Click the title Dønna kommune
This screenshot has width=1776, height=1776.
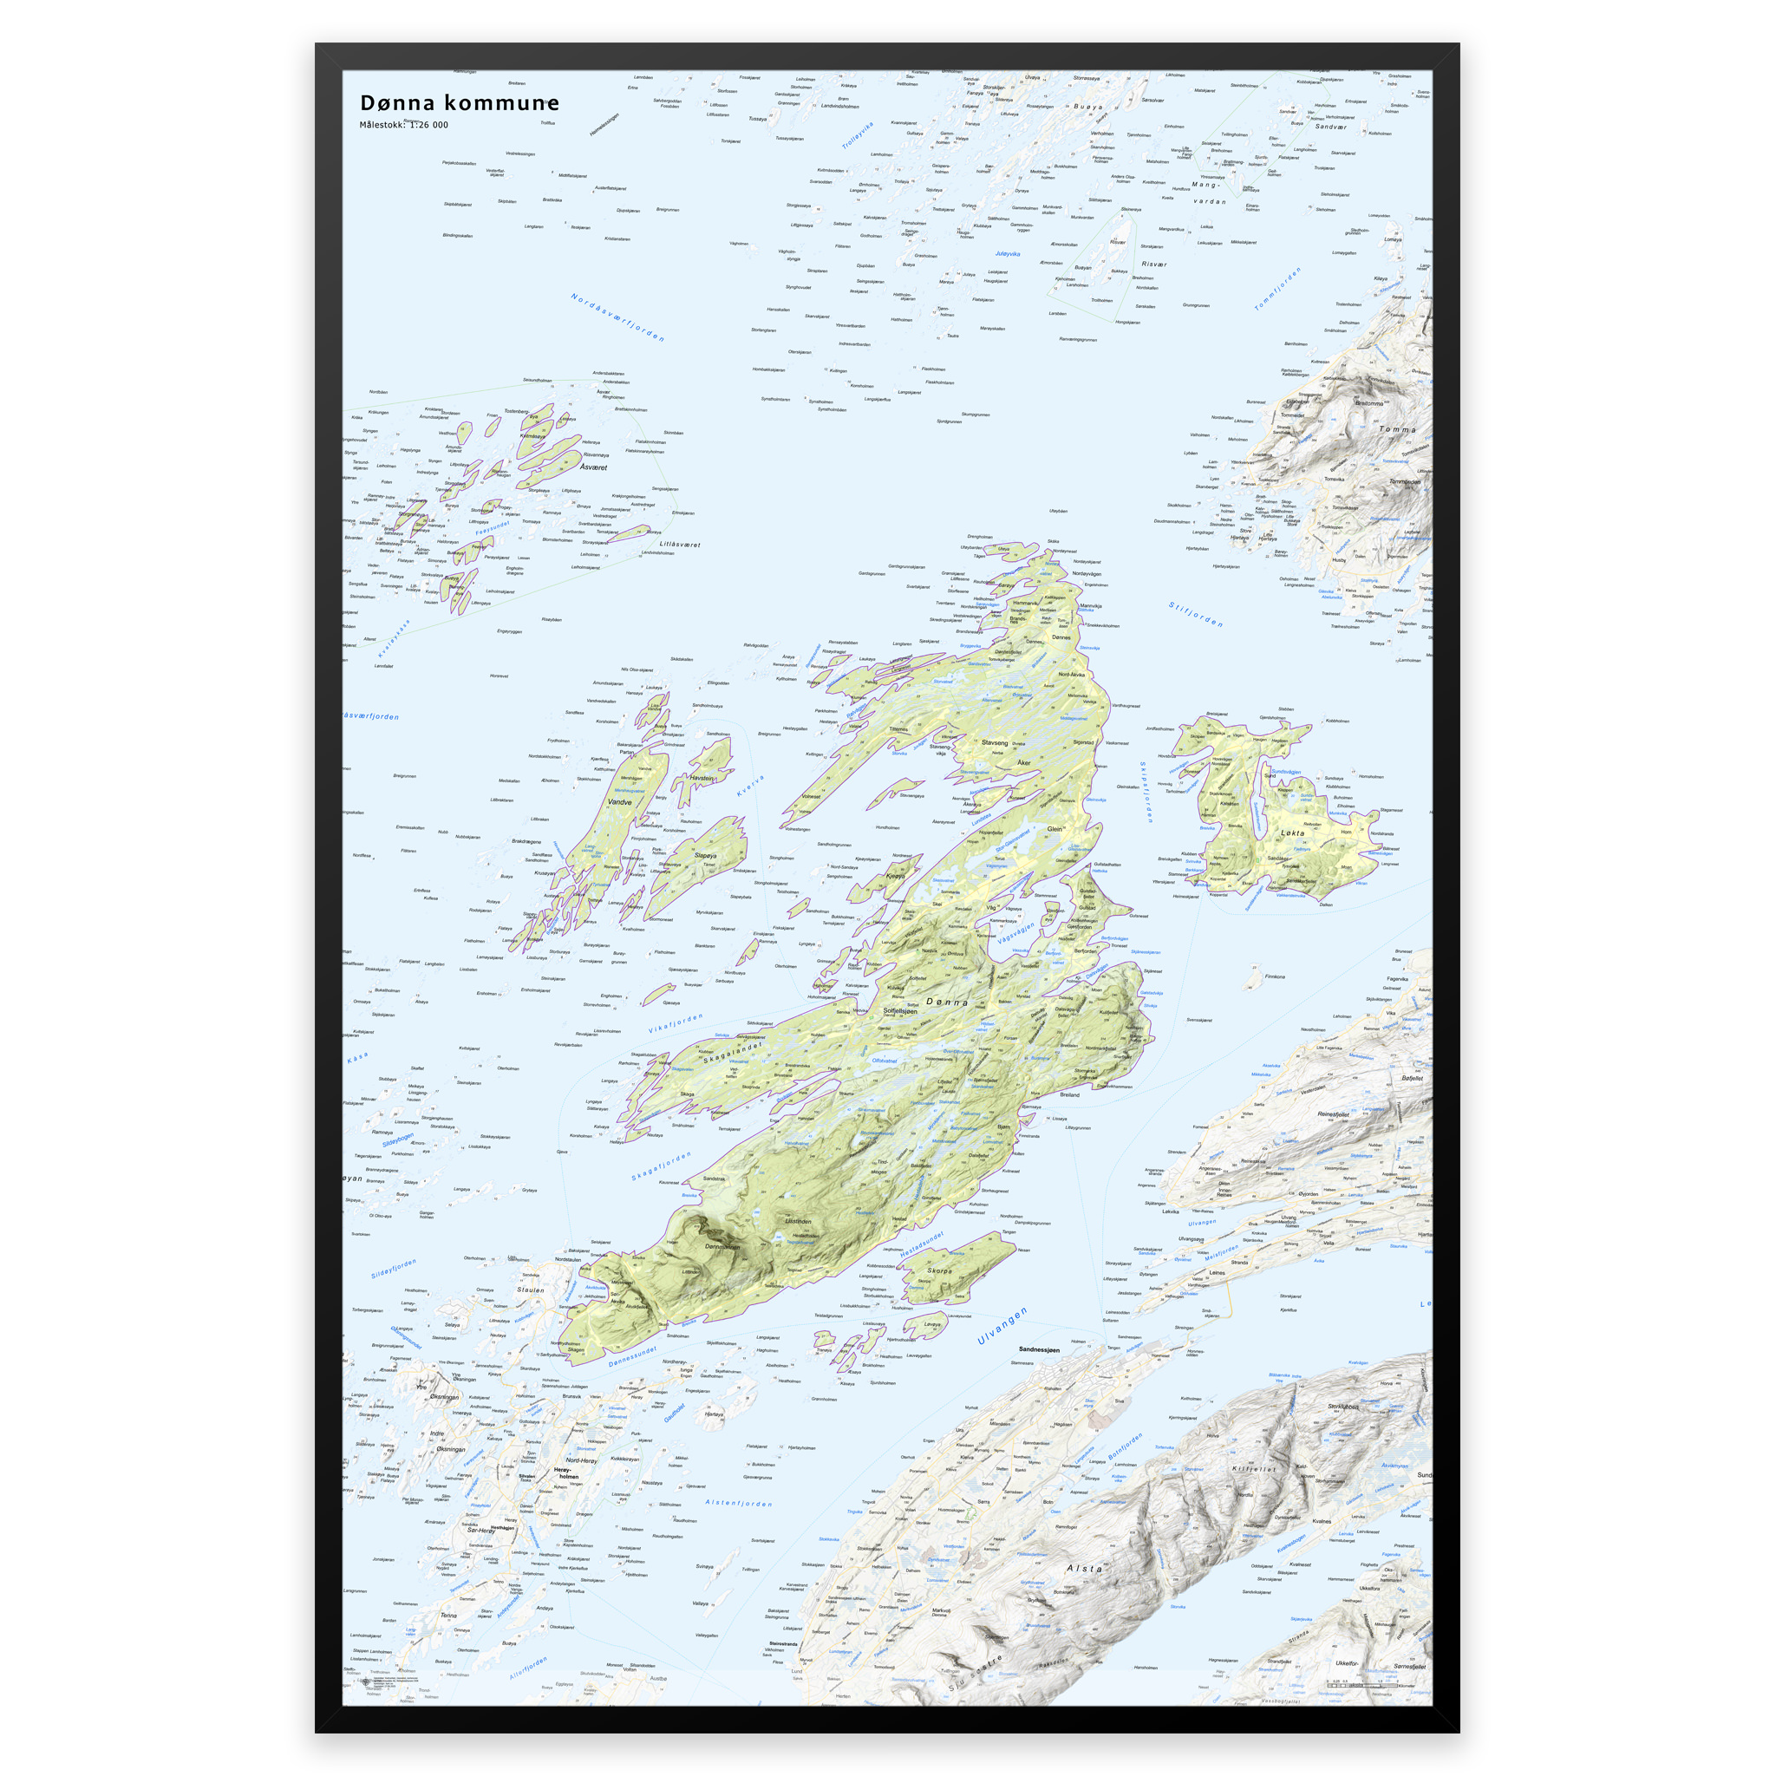[459, 103]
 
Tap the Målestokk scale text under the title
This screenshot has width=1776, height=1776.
[403, 125]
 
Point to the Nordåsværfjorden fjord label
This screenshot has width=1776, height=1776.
[617, 318]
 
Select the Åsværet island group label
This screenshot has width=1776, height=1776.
[593, 467]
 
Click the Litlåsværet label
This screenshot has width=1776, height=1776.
[679, 545]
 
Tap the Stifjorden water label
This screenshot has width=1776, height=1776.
[1195, 614]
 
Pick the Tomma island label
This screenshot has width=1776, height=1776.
[1397, 429]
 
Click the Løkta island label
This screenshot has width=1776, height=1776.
[1292, 832]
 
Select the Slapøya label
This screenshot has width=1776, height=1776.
[705, 856]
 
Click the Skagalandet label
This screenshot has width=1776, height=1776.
[733, 1053]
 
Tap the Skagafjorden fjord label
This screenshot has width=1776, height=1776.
[661, 1166]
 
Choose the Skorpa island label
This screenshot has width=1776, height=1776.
[939, 1271]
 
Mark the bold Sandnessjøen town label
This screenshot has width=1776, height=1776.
[1039, 1349]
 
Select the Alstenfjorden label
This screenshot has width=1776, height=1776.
[738, 1503]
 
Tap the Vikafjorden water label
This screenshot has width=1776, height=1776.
[676, 1024]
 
